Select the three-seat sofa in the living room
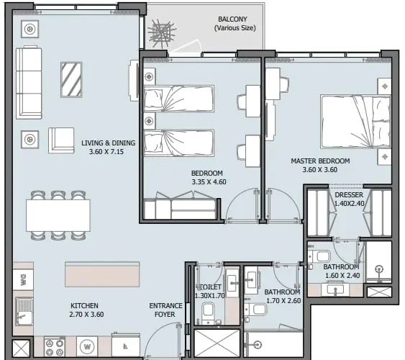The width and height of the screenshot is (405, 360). tap(29, 81)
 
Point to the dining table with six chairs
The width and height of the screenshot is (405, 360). tap(58, 215)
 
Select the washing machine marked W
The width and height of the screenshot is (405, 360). tap(87, 346)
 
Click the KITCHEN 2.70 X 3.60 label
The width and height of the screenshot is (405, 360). tap(84, 310)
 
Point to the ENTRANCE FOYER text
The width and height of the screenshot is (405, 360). tap(165, 310)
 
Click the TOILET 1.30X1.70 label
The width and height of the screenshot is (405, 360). tap(209, 290)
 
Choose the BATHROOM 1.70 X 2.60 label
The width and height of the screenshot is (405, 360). tap(282, 296)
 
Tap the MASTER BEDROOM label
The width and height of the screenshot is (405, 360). tap(319, 165)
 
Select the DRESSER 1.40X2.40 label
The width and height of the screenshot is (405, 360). tap(349, 199)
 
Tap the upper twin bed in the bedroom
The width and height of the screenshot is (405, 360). tap(178, 99)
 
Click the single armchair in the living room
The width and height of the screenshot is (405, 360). tap(62, 140)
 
